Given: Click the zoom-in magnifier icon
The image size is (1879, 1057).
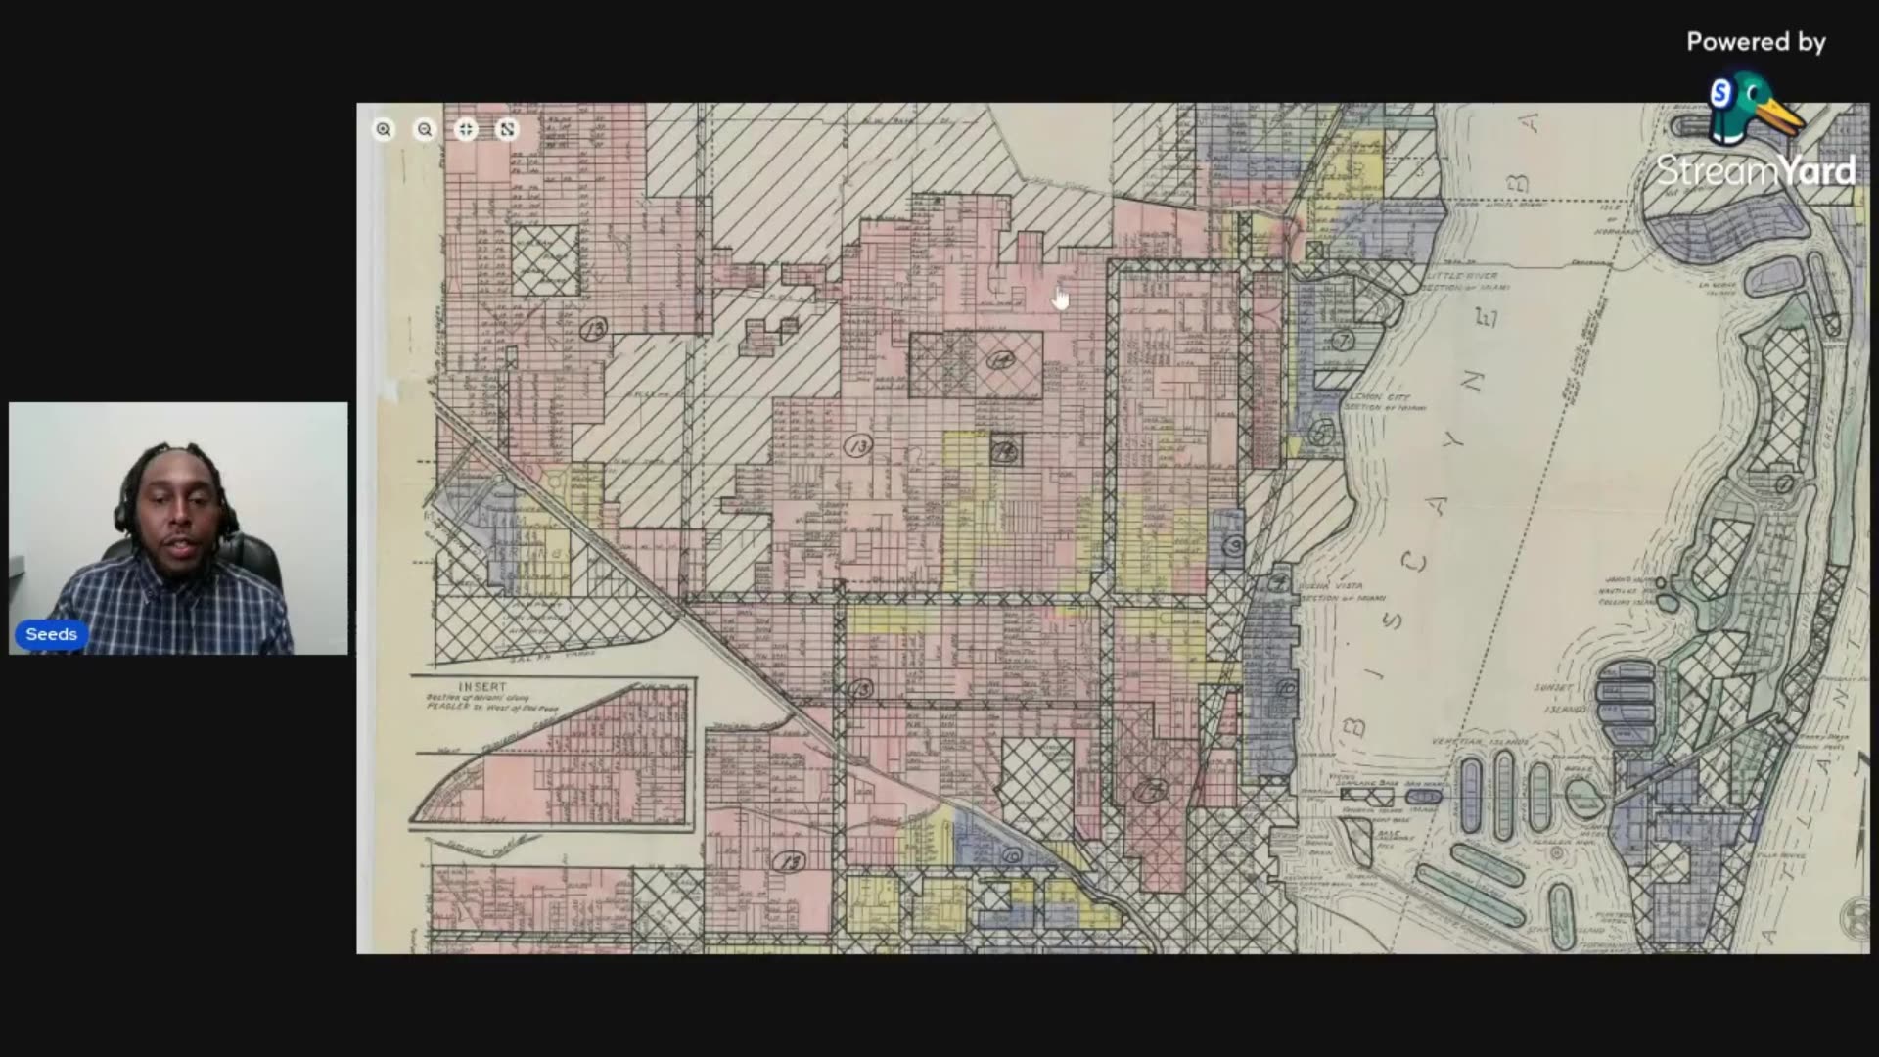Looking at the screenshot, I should coord(384,129).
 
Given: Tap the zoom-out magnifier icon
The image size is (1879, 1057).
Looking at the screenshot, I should coord(425,129).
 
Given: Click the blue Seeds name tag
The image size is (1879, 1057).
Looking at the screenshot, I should coord(51,634).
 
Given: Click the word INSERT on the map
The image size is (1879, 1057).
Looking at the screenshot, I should coord(483,687).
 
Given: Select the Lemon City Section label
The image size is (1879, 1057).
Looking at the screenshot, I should coord(1382,401).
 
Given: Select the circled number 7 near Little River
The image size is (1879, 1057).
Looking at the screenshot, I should coord(1342,341).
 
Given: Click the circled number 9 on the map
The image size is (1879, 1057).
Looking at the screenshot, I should coord(1234,545).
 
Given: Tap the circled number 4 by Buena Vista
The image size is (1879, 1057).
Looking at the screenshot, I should coord(1279,582).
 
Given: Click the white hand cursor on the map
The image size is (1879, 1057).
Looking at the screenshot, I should coord(1062,299).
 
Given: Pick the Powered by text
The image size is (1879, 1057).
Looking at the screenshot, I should coord(1756,42).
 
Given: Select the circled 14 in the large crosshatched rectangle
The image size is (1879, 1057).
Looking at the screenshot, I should coord(999,360).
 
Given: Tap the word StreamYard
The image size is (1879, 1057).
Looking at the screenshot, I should coord(1756,171).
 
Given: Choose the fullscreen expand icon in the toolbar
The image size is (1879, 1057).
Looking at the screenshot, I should coord(507,129).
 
